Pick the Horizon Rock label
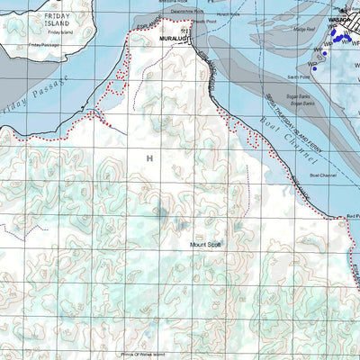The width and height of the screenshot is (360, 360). (x=240, y=15)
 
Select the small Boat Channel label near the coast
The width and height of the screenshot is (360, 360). (x=322, y=175)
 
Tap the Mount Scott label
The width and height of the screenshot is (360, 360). (x=204, y=244)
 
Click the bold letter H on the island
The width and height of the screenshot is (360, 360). (x=149, y=157)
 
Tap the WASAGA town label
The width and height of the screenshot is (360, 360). (x=340, y=19)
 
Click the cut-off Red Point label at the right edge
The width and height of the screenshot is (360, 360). (x=352, y=217)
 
